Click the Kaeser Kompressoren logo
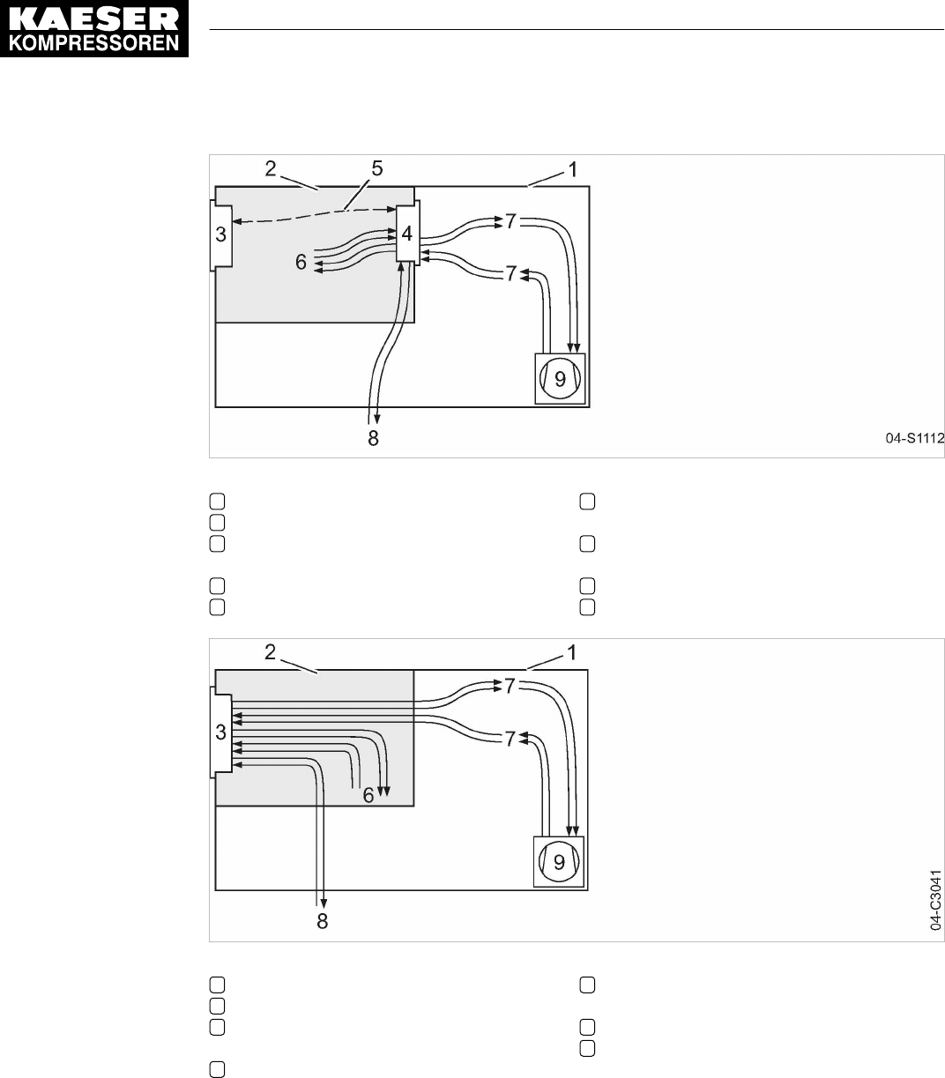point(95,29)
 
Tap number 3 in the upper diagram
point(220,234)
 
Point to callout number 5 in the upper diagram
point(376,169)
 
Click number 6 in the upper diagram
point(301,261)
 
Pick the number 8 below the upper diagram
point(373,438)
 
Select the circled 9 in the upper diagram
point(560,378)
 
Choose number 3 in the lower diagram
point(220,731)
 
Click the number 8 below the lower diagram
point(323,921)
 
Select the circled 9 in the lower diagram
point(559,862)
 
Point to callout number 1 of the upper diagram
point(573,168)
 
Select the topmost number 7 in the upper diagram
point(510,219)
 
